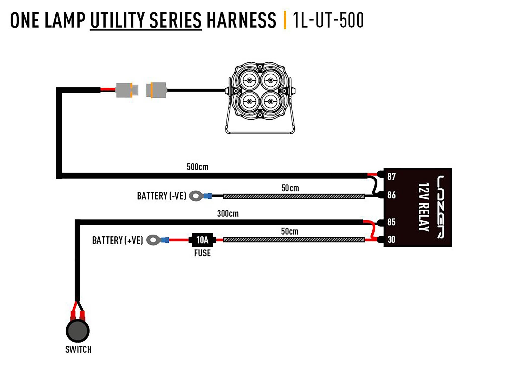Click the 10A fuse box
pyautogui.click(x=202, y=240)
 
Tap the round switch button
pyautogui.click(x=78, y=331)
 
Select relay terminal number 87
pyautogui.click(x=391, y=177)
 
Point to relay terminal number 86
pyautogui.click(x=391, y=195)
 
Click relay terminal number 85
pyautogui.click(x=391, y=222)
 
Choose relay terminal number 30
pyautogui.click(x=391, y=239)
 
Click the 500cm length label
pyautogui.click(x=197, y=167)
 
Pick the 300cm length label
pyautogui.click(x=228, y=214)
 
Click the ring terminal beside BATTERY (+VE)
pyautogui.click(x=153, y=240)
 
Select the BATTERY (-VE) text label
pyautogui.click(x=162, y=196)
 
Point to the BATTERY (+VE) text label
pyautogui.click(x=117, y=240)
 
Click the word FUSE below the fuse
pyautogui.click(x=202, y=253)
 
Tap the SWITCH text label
pyautogui.click(x=78, y=350)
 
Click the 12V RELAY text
pyautogui.click(x=424, y=207)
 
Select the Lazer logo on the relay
pyautogui.click(x=441, y=207)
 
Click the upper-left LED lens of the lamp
pyautogui.click(x=249, y=80)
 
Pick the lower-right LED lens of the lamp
pyautogui.click(x=271, y=102)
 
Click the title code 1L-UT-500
pyautogui.click(x=328, y=20)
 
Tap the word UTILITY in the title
pyautogui.click(x=117, y=20)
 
